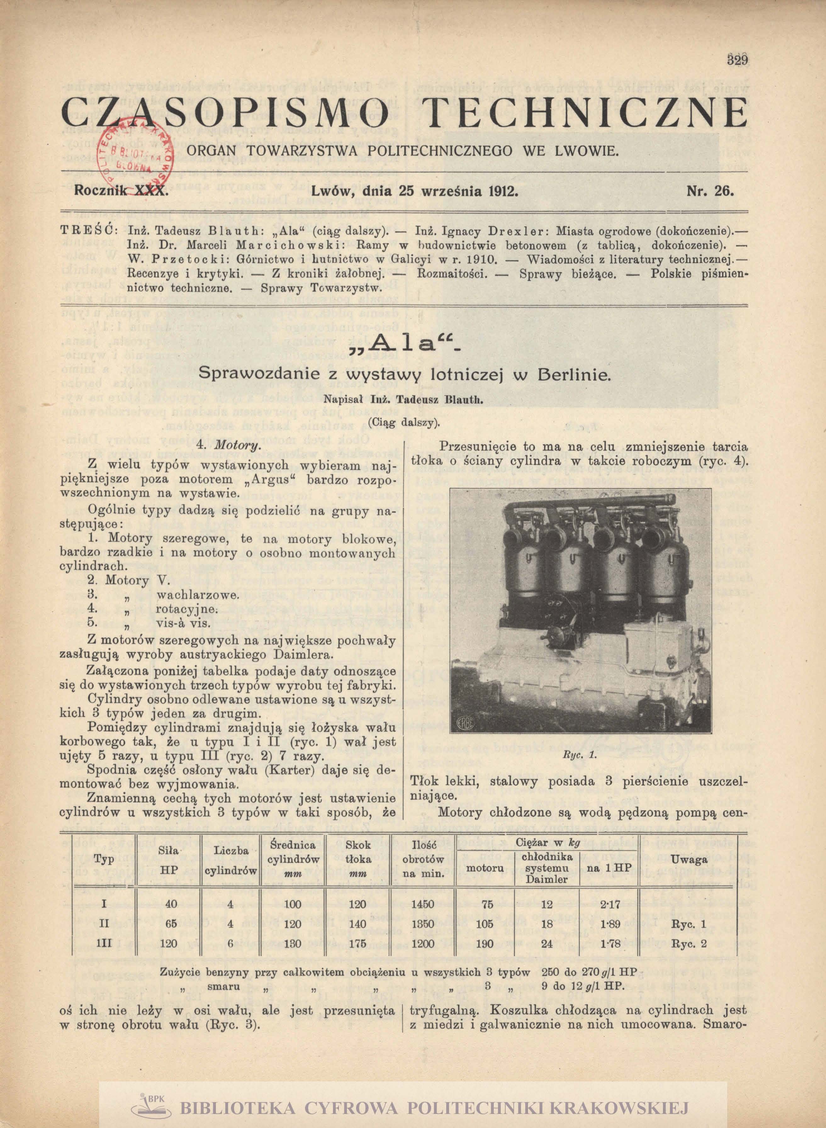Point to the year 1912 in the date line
500,191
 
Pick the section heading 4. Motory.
233,445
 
